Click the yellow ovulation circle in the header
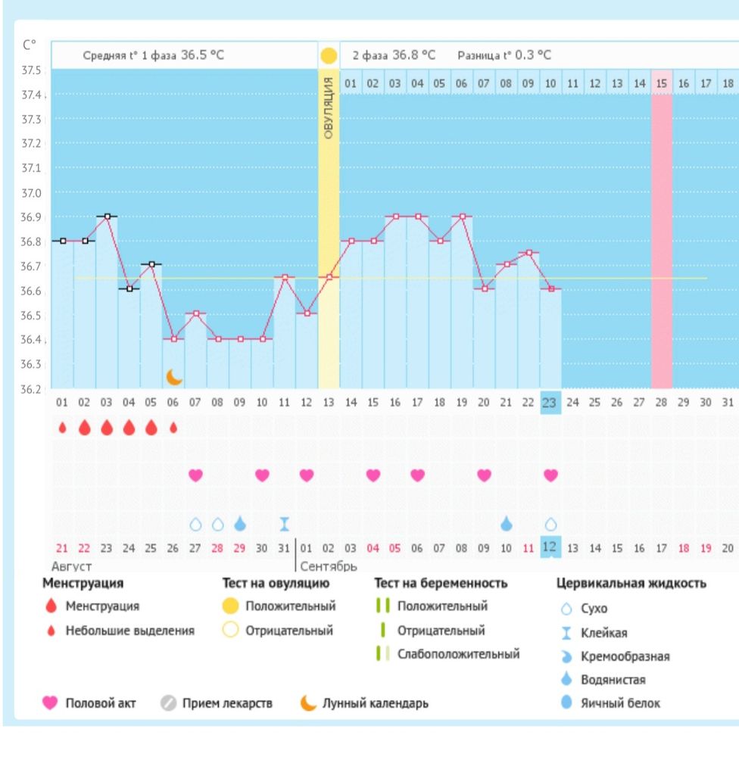(x=329, y=55)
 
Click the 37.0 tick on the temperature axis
(x=31, y=193)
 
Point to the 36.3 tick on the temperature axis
(x=31, y=364)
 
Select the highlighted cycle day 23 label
(x=550, y=403)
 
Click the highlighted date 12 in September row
(x=550, y=547)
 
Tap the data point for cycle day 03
(x=108, y=217)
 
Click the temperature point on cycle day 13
(x=329, y=277)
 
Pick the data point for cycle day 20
(x=485, y=288)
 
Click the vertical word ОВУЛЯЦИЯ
(x=329, y=108)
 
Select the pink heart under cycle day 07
(x=195, y=475)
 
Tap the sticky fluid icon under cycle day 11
(x=285, y=524)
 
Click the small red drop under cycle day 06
(x=173, y=427)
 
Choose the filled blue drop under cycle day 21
(x=507, y=524)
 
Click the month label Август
(x=71, y=566)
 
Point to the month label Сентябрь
(x=329, y=566)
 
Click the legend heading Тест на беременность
(x=441, y=583)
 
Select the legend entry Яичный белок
(x=620, y=703)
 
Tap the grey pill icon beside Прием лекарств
(x=169, y=703)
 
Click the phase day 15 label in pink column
(x=661, y=83)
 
